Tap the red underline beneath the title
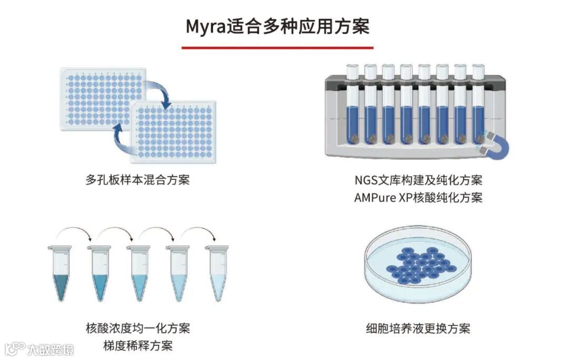[x=277, y=47]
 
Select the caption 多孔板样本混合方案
[x=137, y=180]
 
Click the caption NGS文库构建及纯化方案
[x=418, y=180]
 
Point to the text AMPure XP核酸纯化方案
[x=418, y=198]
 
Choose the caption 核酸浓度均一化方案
[x=138, y=328]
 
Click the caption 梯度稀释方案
[x=138, y=346]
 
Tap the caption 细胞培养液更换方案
[x=418, y=329]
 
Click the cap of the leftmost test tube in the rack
[x=352, y=69]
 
